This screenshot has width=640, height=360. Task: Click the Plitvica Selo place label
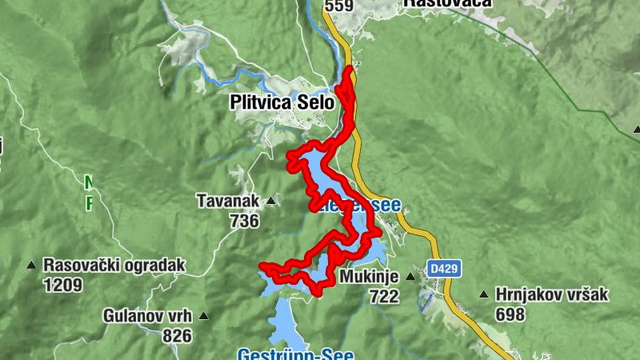click(282, 102)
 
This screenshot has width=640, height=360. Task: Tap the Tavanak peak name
click(230, 201)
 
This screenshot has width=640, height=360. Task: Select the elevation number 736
click(243, 220)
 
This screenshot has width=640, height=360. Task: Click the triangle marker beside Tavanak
click(271, 201)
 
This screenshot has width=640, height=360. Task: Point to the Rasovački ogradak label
click(114, 265)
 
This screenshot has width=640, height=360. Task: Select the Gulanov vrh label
click(149, 315)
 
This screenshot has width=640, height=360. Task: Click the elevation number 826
click(178, 335)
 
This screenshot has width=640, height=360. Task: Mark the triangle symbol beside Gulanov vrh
click(204, 316)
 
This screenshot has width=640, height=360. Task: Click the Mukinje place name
click(369, 277)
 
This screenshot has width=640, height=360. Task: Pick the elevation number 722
click(384, 296)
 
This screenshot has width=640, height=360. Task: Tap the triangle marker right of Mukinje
click(410, 277)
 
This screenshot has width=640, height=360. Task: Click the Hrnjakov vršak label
click(552, 294)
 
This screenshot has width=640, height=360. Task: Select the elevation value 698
click(510, 314)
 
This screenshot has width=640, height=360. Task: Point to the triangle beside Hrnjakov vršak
click(483, 294)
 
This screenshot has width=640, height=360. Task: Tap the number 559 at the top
click(338, 6)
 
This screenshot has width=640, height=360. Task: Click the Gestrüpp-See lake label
click(295, 354)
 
